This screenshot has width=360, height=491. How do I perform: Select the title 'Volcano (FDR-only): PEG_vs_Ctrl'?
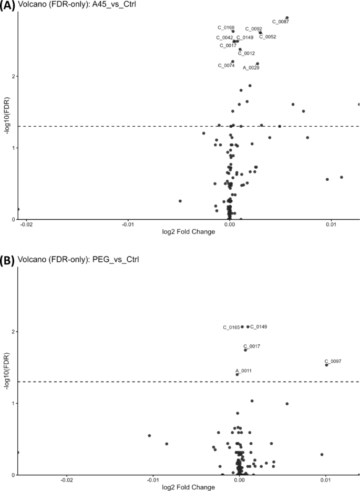71,259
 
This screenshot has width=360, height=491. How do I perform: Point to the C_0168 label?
226,27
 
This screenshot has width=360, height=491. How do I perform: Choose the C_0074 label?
226,66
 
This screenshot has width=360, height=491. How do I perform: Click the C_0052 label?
268,37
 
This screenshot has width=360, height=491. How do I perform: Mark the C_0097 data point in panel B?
327,365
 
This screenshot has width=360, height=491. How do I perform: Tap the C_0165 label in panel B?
231,328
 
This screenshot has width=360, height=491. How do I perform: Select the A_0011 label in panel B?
243,371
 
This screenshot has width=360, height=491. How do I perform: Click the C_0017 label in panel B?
252,346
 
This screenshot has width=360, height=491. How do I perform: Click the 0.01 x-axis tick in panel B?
325,480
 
